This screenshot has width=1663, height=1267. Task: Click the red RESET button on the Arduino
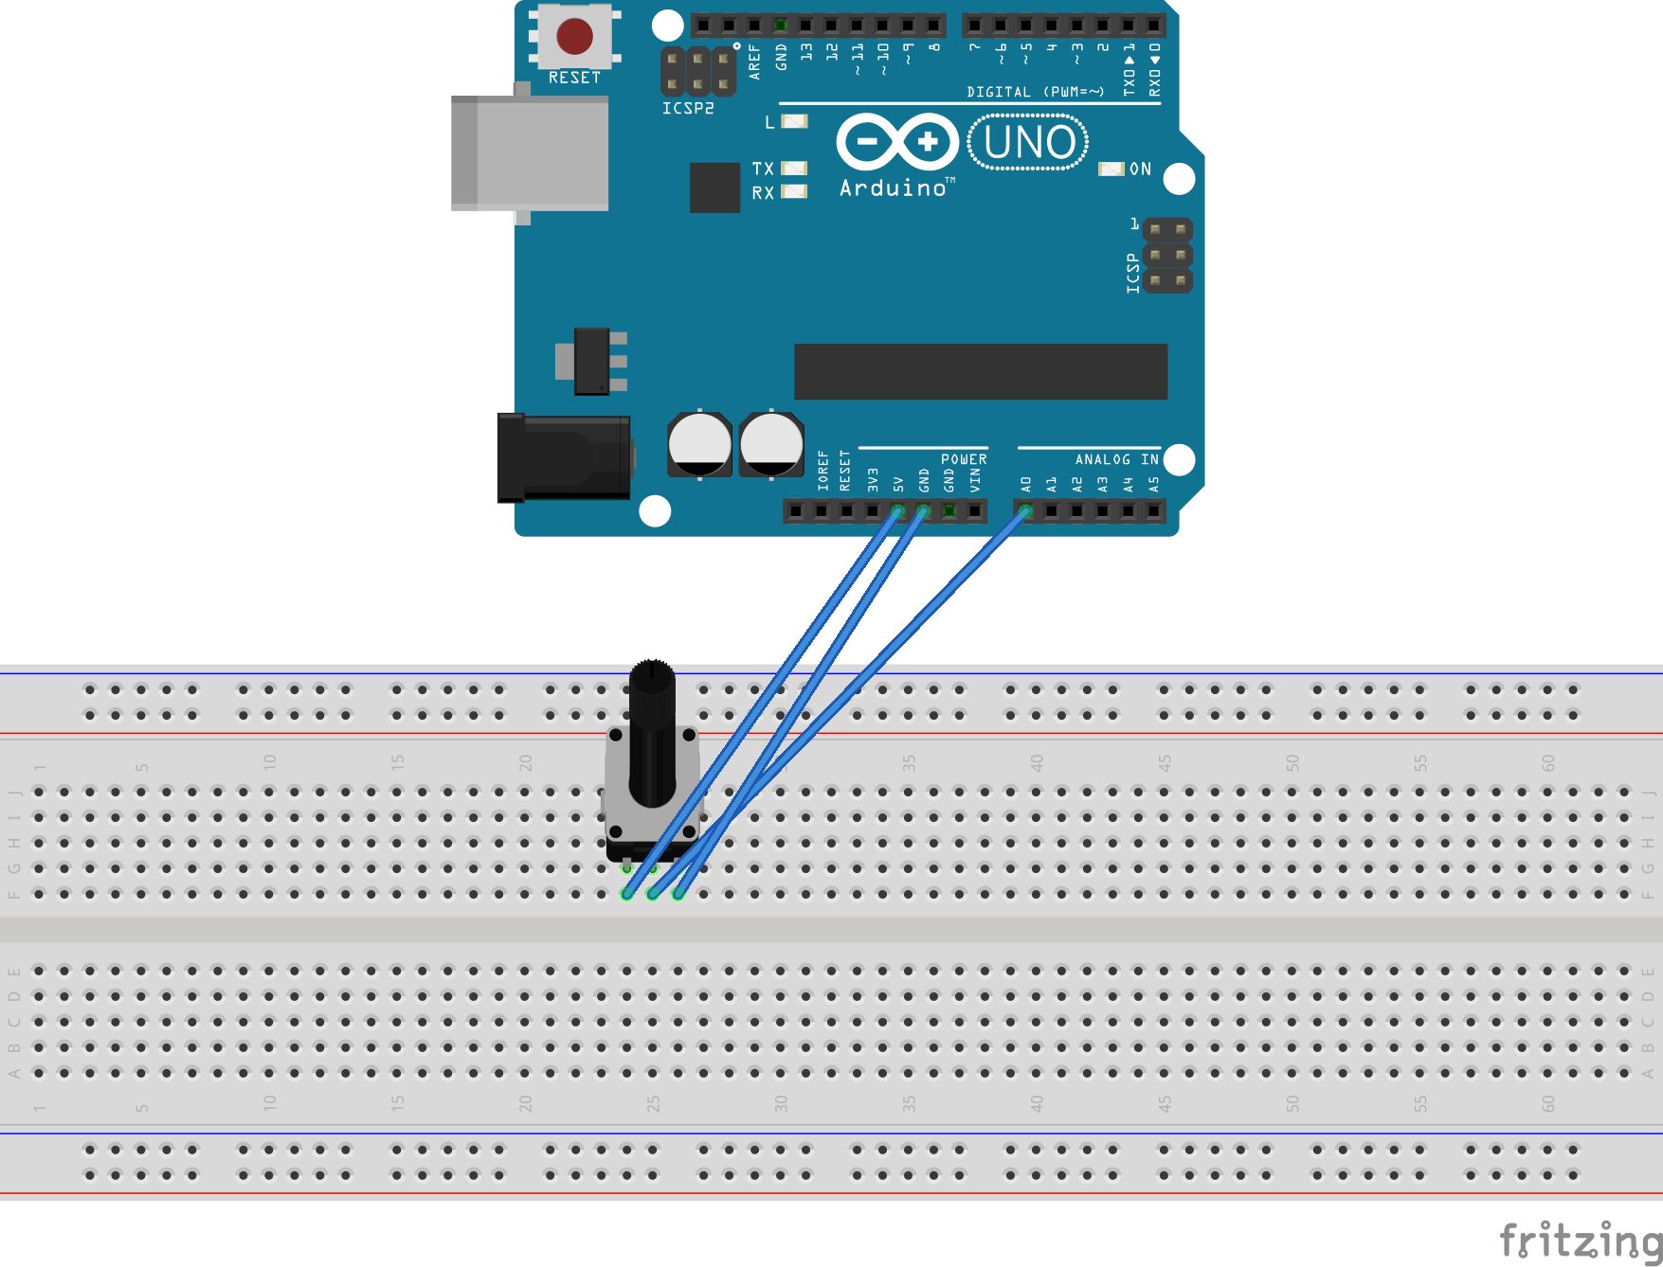(574, 36)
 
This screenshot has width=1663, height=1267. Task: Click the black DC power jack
(563, 457)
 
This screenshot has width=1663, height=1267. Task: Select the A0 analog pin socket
(1025, 511)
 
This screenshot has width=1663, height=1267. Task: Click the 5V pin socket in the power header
(897, 511)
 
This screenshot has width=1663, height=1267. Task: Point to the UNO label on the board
(1029, 143)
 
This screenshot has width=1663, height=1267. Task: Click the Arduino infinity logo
(897, 142)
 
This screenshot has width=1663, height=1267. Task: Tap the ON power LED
(1111, 169)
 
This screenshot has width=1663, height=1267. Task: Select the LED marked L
(794, 121)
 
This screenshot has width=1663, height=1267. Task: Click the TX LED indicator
(794, 169)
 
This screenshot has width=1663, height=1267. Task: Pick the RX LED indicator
(794, 192)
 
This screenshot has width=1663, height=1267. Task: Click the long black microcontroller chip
(980, 371)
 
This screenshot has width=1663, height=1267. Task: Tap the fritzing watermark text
(1580, 1240)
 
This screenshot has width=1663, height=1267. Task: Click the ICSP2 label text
(688, 109)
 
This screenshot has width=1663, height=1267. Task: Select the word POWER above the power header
(964, 459)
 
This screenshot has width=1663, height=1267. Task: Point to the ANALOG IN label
(1116, 459)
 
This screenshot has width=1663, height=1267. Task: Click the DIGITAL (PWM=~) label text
(1035, 92)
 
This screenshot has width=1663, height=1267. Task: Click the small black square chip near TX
(714, 187)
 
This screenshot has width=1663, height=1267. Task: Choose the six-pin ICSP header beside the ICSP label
(1167, 256)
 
